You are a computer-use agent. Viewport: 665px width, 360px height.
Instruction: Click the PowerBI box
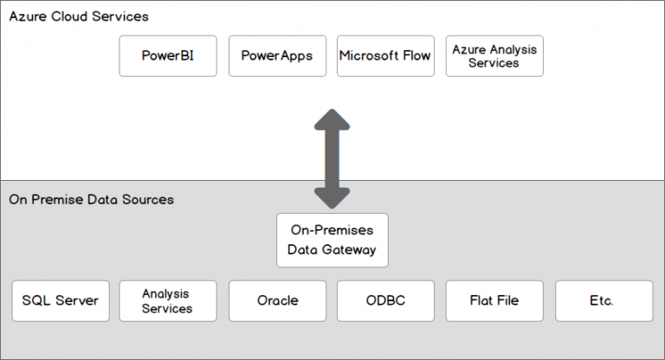(167, 56)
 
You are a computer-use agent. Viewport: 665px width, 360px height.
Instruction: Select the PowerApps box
(277, 56)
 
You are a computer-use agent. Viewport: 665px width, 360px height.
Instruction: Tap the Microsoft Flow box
(385, 56)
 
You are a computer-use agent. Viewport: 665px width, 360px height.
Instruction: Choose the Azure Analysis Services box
(494, 56)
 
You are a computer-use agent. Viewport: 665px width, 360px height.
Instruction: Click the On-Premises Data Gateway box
(332, 241)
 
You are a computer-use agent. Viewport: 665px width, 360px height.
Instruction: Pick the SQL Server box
(61, 301)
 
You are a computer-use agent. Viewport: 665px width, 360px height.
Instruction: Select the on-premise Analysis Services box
(167, 301)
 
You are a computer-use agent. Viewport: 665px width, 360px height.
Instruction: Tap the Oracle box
(277, 301)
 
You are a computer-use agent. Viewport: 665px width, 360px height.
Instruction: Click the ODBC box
(385, 301)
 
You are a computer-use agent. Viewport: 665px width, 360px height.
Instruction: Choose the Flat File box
(494, 301)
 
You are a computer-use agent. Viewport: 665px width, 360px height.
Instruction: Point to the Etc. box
(603, 301)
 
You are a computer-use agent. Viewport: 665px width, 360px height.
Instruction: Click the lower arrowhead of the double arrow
(332, 197)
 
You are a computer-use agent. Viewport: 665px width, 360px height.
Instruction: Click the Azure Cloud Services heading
(79, 16)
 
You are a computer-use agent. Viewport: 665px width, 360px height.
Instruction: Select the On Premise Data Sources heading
(91, 200)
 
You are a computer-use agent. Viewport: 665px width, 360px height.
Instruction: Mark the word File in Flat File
(507, 301)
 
